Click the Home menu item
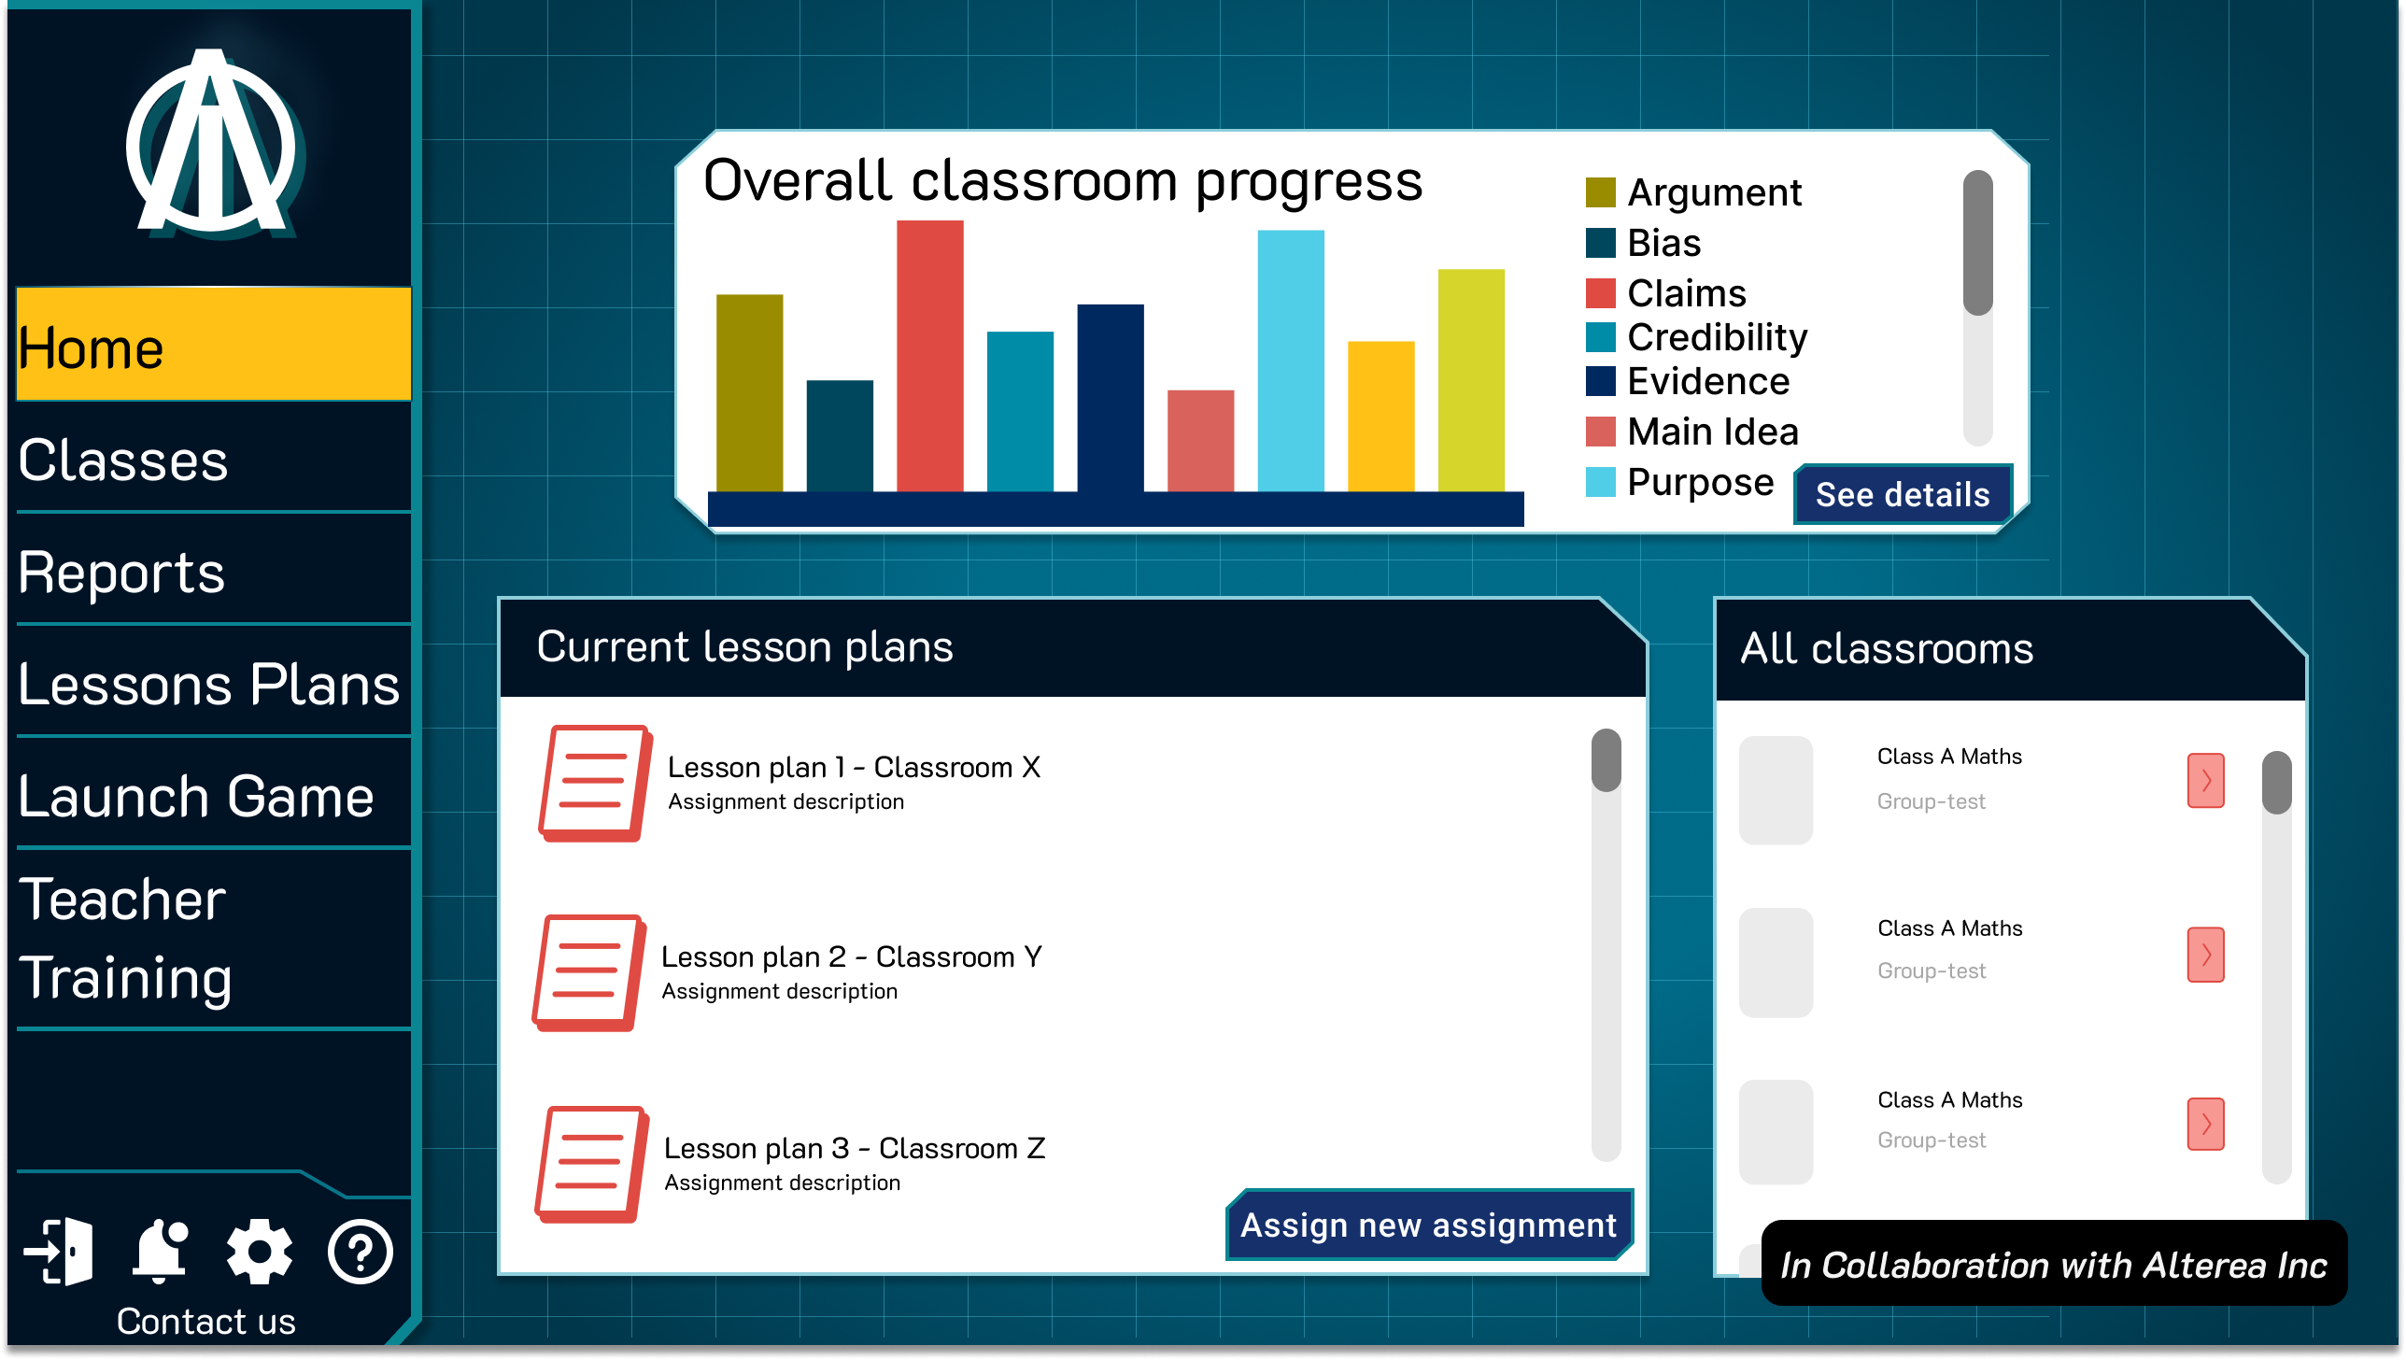pyautogui.click(x=214, y=345)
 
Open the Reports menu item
pyautogui.click(x=214, y=571)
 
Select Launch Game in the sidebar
pyautogui.click(x=214, y=795)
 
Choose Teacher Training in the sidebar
pyautogui.click(x=214, y=939)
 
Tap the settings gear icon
pyautogui.click(x=260, y=1252)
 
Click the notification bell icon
pyautogui.click(x=161, y=1250)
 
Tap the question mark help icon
pyautogui.click(x=361, y=1252)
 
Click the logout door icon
pyautogui.click(x=59, y=1252)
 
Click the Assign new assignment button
pyautogui.click(x=1429, y=1225)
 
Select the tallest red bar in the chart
pyautogui.click(x=929, y=356)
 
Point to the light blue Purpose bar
pyautogui.click(x=1291, y=361)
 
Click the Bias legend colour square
pyautogui.click(x=1601, y=243)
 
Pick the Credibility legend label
pyautogui.click(x=1718, y=337)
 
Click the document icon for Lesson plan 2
pyautogui.click(x=588, y=972)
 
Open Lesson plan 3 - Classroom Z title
pyautogui.click(x=855, y=1148)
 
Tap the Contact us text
pyautogui.click(x=206, y=1322)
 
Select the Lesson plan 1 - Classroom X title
pyautogui.click(x=854, y=767)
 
